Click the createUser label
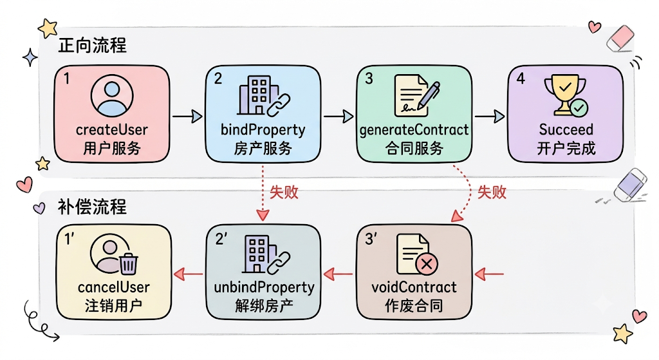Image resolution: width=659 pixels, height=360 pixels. (x=112, y=129)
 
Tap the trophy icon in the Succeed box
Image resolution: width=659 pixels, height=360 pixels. (x=564, y=95)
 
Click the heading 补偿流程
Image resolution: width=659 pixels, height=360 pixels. (x=92, y=207)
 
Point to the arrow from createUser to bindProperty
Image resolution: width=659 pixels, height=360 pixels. (x=187, y=116)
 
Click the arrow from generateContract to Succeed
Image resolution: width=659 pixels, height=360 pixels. (x=490, y=116)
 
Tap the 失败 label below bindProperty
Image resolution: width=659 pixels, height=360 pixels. (x=284, y=192)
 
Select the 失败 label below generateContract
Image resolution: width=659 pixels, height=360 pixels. (x=492, y=192)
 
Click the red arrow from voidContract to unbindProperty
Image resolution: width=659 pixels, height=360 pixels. (x=339, y=274)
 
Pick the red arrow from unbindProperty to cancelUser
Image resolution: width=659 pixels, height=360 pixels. (x=189, y=274)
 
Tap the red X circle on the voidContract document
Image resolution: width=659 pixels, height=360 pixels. (x=427, y=265)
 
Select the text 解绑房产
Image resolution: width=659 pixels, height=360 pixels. (x=264, y=306)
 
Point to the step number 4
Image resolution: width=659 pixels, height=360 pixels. (x=521, y=79)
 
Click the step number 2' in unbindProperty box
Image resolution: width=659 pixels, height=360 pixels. (x=221, y=239)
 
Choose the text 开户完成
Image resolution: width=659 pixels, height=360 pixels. (x=566, y=149)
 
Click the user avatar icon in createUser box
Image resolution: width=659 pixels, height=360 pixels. (x=112, y=96)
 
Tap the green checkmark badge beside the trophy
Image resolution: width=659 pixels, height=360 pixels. (x=579, y=108)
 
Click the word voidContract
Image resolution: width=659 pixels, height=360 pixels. (x=414, y=287)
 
